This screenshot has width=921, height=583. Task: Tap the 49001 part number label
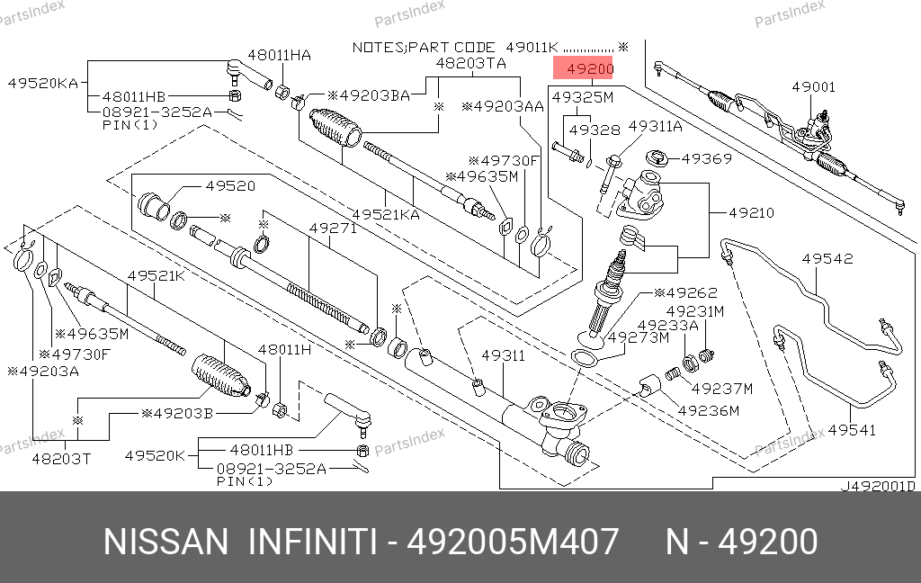pyautogui.click(x=813, y=87)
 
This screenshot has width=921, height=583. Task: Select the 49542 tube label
pyautogui.click(x=827, y=258)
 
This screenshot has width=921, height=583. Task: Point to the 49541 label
pyautogui.click(x=852, y=430)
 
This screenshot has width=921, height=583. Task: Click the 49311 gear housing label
pyautogui.click(x=504, y=355)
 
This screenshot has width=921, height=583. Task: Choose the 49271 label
pyautogui.click(x=333, y=228)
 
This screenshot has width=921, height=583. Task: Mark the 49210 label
pyautogui.click(x=751, y=212)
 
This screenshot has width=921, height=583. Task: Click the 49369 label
pyautogui.click(x=707, y=158)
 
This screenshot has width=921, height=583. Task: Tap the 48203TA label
pyautogui.click(x=471, y=63)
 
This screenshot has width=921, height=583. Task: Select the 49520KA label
pyautogui.click(x=43, y=83)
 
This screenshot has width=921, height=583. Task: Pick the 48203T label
pyautogui.click(x=62, y=459)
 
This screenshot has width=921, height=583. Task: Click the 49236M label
pyautogui.click(x=709, y=411)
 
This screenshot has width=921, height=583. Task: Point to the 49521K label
pyautogui.click(x=156, y=275)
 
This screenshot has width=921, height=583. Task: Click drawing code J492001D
pyautogui.click(x=878, y=486)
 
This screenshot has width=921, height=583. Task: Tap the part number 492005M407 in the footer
pyautogui.click(x=513, y=542)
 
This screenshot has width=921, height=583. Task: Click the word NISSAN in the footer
pyautogui.click(x=165, y=542)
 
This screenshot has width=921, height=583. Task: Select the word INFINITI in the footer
pyautogui.click(x=312, y=542)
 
